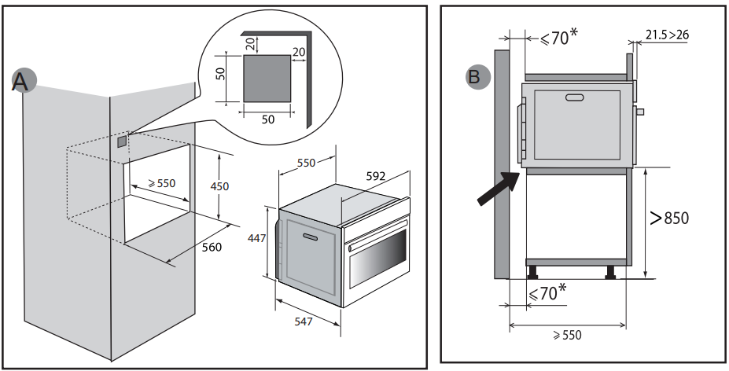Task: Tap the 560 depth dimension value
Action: pos(210,247)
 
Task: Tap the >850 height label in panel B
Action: pos(669,218)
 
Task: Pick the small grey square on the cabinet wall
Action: pos(121,142)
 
